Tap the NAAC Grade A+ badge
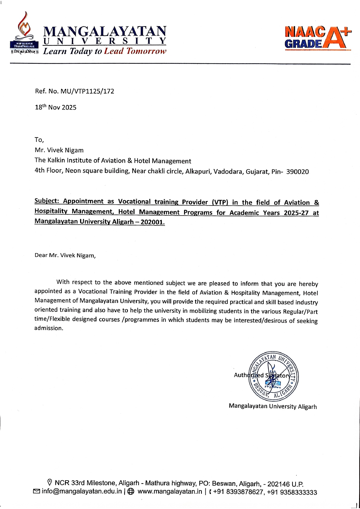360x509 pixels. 318,38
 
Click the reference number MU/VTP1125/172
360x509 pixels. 87,91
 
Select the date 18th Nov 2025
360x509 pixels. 56,107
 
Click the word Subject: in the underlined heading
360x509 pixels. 47,201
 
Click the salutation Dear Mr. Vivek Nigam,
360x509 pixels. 65,255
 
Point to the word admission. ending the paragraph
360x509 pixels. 49,328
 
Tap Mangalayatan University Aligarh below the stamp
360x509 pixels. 273,406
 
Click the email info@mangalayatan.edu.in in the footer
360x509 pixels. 82,491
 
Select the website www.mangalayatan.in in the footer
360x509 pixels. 170,491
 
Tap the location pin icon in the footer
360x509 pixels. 50,482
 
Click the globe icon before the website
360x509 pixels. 131,491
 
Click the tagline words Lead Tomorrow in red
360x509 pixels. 135,51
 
